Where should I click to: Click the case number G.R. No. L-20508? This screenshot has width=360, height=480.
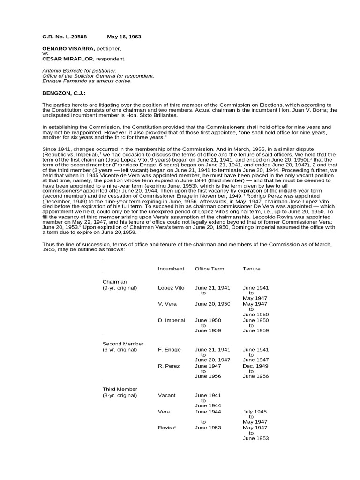[x=64, y=37]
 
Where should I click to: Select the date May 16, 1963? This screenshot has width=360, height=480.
[x=124, y=37]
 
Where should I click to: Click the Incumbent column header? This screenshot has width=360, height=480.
[x=171, y=269]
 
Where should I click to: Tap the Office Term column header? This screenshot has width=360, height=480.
[x=209, y=269]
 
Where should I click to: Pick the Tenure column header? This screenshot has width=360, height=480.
[x=251, y=269]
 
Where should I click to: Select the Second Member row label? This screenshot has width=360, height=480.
[x=123, y=344]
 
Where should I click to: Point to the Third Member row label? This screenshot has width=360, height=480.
[x=120, y=389]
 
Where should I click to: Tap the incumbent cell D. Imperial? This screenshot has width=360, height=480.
[x=172, y=320]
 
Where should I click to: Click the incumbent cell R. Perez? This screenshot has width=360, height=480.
[x=169, y=366]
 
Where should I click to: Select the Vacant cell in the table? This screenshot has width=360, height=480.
[x=167, y=395]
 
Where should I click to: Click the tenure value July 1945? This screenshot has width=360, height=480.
[x=255, y=411]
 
